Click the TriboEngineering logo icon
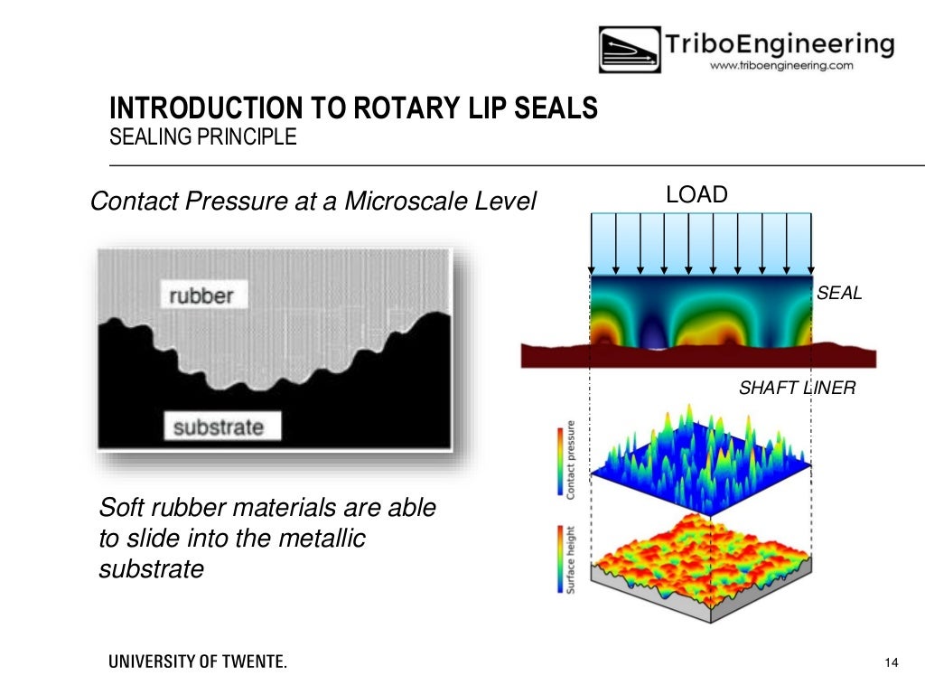(x=629, y=50)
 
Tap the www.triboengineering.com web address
(x=781, y=66)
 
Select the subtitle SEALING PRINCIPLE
(x=202, y=138)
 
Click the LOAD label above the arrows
(x=696, y=194)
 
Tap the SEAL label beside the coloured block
(x=839, y=293)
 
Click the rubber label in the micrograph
(x=201, y=295)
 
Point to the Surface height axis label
(x=571, y=559)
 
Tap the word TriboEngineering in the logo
(x=780, y=43)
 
